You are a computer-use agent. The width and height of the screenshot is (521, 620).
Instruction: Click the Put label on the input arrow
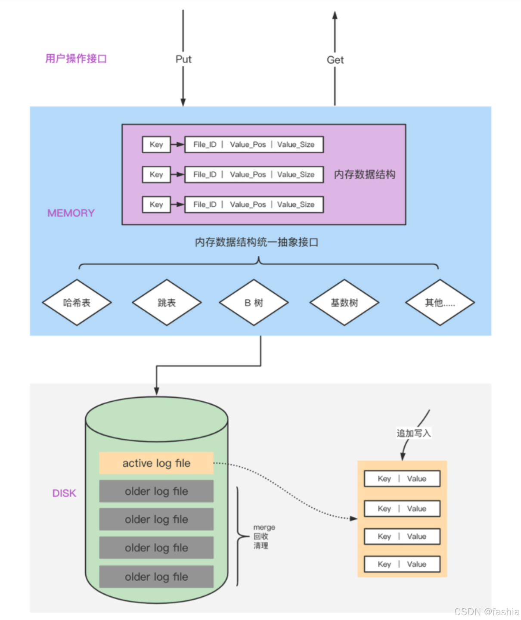(183, 59)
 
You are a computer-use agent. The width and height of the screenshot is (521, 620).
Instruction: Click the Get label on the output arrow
(335, 60)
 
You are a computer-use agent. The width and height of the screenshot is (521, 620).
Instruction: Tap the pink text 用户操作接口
(76, 59)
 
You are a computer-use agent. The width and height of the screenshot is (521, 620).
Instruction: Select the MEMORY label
(71, 213)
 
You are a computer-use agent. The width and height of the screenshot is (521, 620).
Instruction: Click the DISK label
(64, 493)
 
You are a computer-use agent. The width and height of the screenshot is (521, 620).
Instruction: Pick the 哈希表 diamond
(77, 303)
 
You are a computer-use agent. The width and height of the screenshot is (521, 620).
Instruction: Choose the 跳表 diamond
(167, 303)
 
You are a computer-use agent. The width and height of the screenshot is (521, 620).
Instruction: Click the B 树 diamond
(254, 303)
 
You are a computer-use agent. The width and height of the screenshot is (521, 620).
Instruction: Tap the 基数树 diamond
(344, 303)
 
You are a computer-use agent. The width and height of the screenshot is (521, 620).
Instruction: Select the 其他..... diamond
(440, 303)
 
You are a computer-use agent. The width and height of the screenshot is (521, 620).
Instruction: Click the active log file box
(156, 463)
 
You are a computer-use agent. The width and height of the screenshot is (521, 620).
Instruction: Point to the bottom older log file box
(156, 577)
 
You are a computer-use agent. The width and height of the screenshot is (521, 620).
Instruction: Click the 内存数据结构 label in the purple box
(364, 174)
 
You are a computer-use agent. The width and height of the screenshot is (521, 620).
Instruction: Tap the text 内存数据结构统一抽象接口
(256, 242)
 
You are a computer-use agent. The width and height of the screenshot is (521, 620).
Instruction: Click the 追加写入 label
(413, 433)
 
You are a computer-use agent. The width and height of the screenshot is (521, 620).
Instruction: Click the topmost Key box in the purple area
(156, 145)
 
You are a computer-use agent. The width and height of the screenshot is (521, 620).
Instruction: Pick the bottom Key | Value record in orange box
(402, 564)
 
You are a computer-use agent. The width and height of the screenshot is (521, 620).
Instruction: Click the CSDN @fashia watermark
(487, 612)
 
